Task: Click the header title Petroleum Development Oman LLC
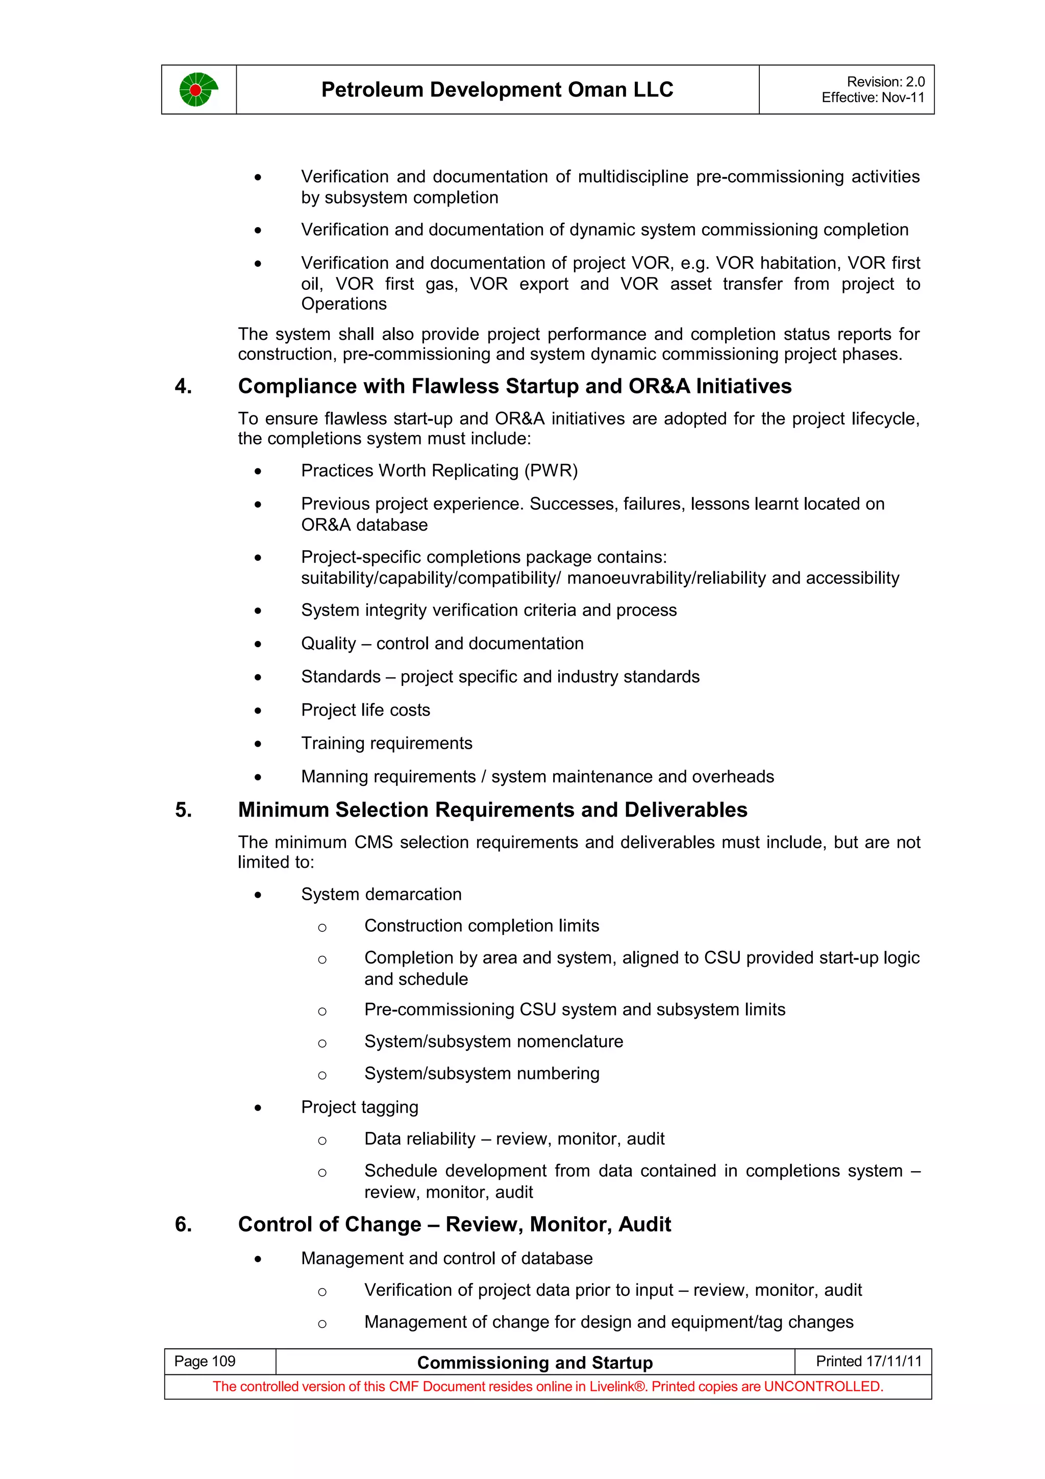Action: tap(497, 89)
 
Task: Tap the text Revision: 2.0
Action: tap(885, 82)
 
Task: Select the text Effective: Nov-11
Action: tap(873, 98)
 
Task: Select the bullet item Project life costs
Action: tap(365, 710)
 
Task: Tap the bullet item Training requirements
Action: tap(386, 744)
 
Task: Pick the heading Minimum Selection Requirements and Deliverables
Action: tap(492, 810)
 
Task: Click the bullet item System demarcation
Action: tap(381, 894)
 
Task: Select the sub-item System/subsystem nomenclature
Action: tap(493, 1042)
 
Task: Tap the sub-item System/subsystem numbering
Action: tap(482, 1073)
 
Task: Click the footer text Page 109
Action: tap(205, 1361)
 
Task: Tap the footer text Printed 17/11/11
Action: tap(868, 1361)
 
